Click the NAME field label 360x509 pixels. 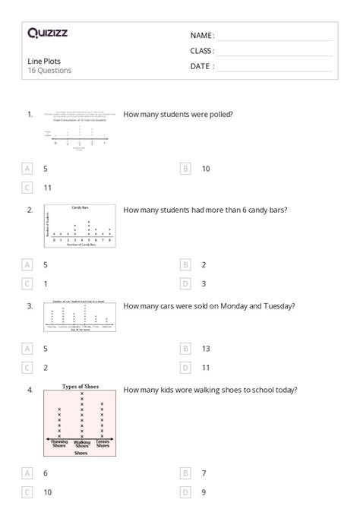(202, 35)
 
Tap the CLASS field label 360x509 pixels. (202, 50)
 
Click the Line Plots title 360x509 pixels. (44, 61)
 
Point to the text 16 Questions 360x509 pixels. (49, 71)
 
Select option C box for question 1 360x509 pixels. (28, 187)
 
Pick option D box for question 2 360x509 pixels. (185, 283)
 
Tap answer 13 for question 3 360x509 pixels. (206, 348)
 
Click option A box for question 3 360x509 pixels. (28, 348)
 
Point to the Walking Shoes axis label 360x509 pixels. (81, 444)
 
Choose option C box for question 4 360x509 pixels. (28, 492)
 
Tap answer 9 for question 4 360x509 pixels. (204, 492)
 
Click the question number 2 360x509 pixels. (30, 209)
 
